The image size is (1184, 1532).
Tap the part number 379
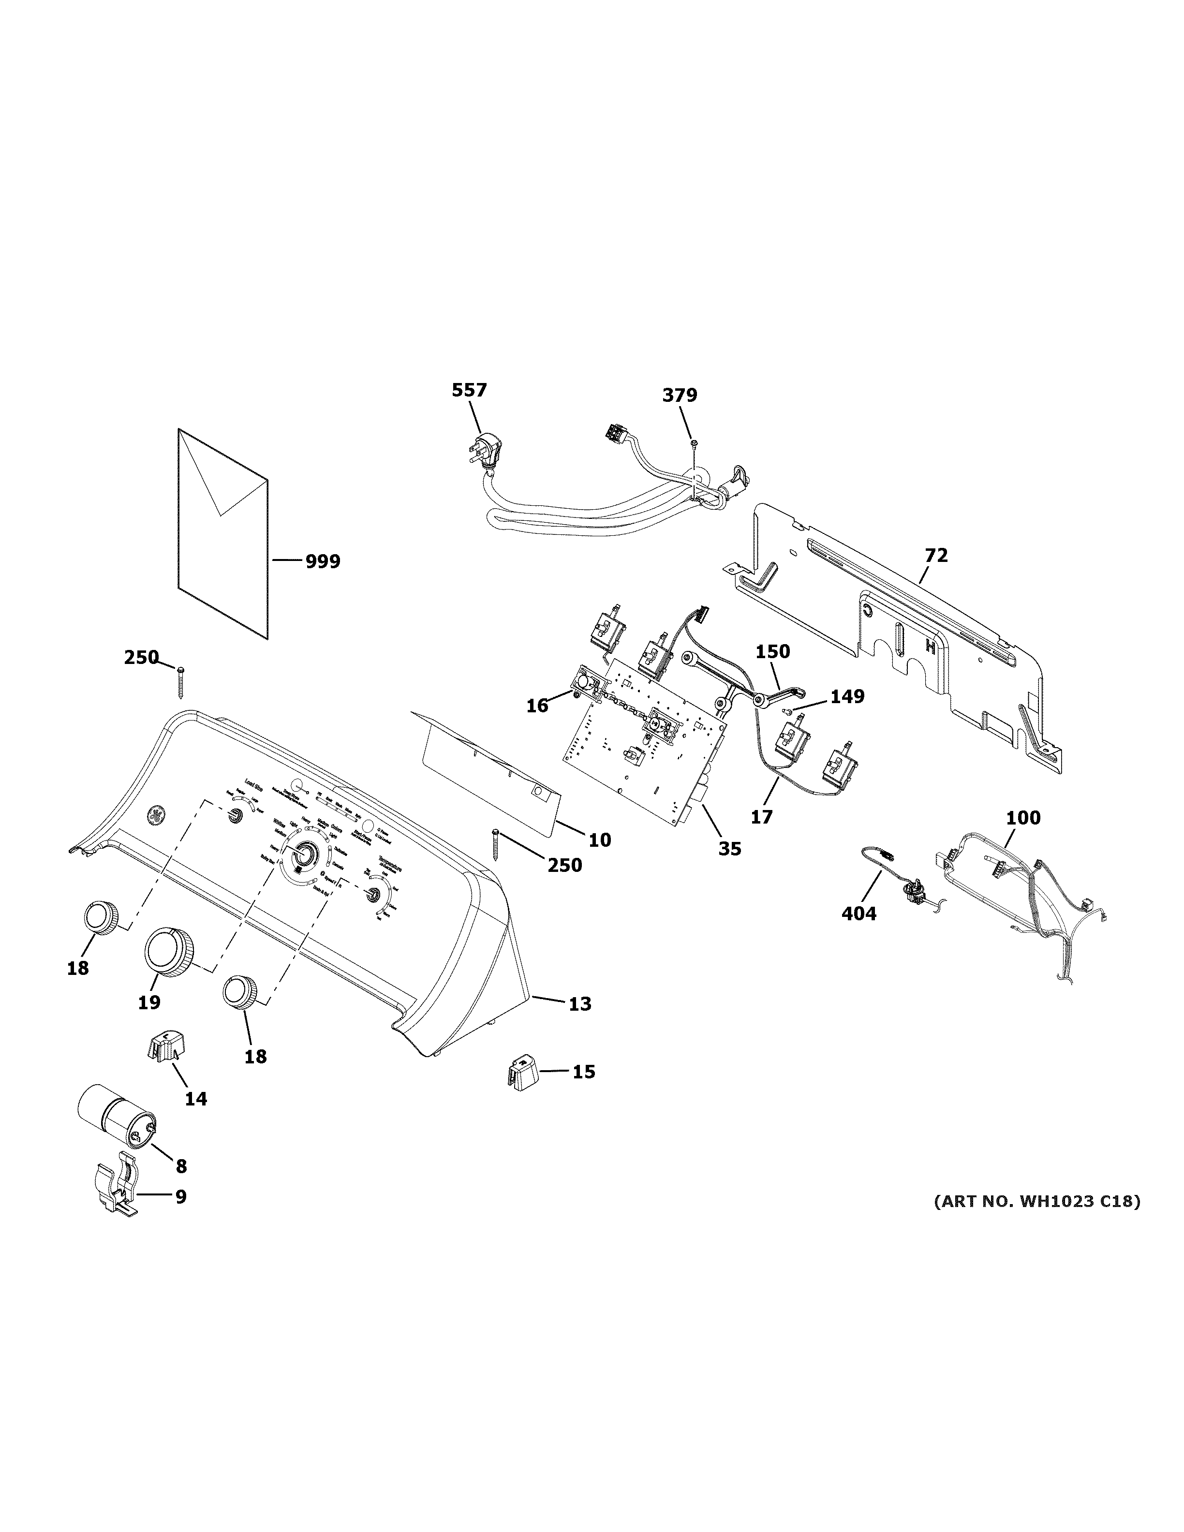coord(680,396)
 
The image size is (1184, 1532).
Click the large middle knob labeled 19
coord(169,952)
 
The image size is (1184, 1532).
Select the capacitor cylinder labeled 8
coord(116,1125)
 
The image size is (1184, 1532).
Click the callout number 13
coord(579,1004)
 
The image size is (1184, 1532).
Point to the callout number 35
coord(729,849)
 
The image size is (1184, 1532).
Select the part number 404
coord(858,913)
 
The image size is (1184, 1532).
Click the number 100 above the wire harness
coord(1023,818)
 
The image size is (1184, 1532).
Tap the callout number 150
coord(772,652)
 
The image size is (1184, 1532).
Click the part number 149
coord(847,696)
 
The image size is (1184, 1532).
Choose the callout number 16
coord(537,706)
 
